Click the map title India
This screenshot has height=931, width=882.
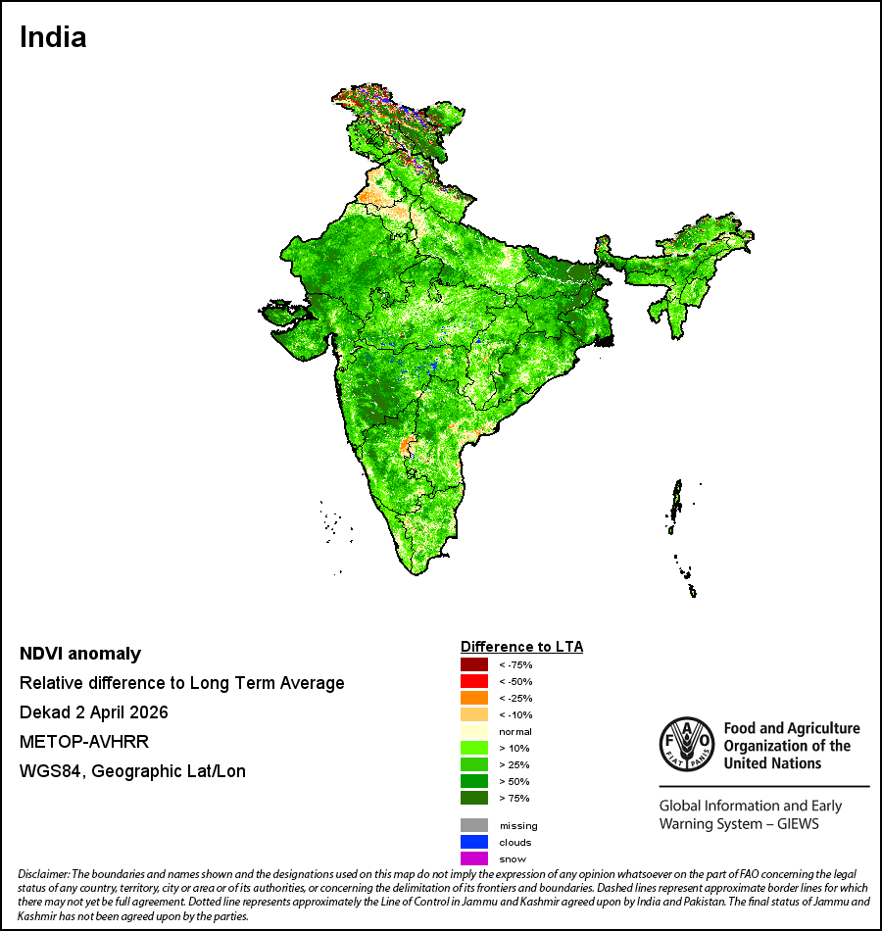point(53,37)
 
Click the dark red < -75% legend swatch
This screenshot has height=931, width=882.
point(474,664)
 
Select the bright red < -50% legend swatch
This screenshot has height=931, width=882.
point(474,681)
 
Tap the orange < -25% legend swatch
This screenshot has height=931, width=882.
point(474,698)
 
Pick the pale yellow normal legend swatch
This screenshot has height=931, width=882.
point(474,731)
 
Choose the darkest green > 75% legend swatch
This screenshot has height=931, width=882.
point(474,798)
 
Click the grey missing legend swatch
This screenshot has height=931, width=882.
point(474,825)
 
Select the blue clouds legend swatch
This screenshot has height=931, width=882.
point(474,842)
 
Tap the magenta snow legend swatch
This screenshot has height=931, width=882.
point(474,858)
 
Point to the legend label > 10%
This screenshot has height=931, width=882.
point(514,748)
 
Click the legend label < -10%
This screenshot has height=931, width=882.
point(515,714)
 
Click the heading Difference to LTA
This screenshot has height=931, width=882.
point(521,647)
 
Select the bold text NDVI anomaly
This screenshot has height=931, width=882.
point(80,654)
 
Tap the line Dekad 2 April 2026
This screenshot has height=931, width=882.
point(94,712)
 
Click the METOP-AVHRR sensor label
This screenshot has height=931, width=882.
point(84,742)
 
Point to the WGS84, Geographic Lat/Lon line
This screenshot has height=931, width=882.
point(132,771)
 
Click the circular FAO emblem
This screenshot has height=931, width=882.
point(687,745)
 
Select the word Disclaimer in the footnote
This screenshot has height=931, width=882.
point(44,874)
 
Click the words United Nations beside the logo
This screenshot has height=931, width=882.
point(772,763)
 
